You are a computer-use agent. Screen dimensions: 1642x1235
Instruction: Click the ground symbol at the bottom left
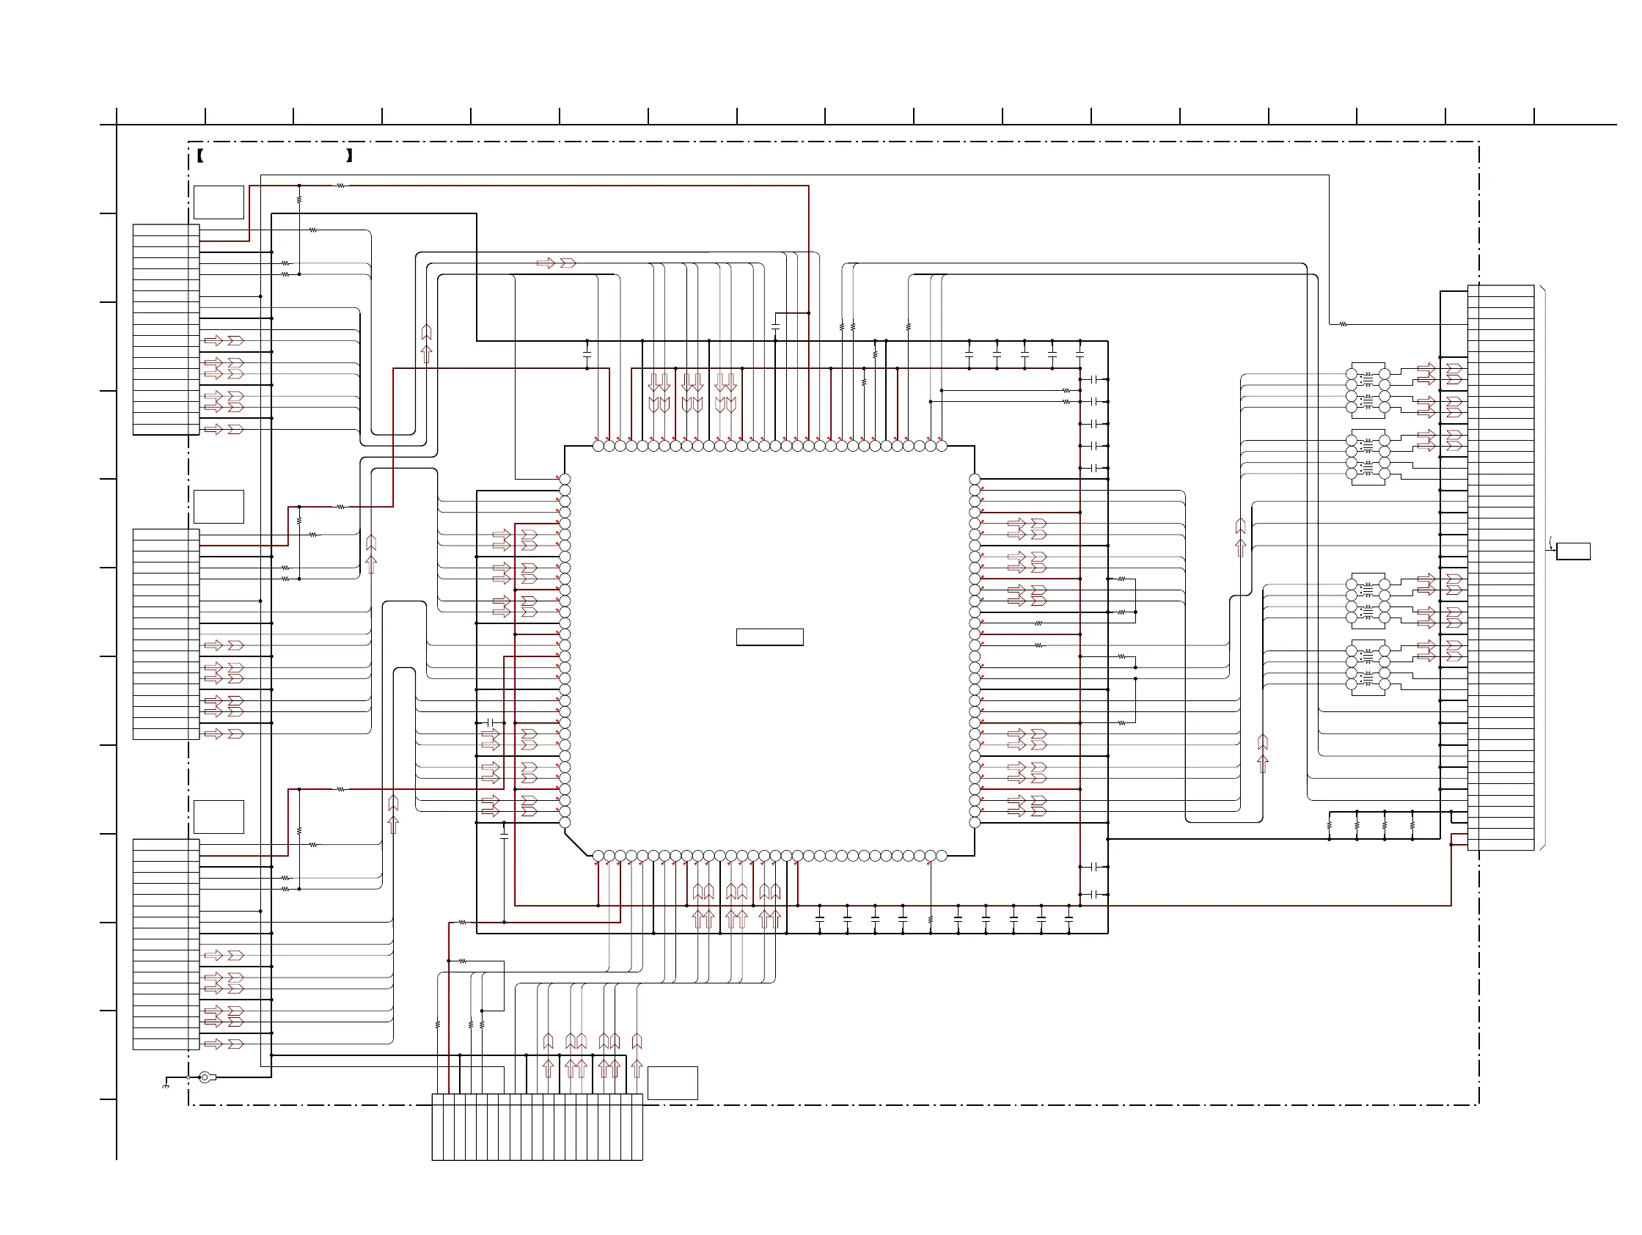pyautogui.click(x=166, y=1085)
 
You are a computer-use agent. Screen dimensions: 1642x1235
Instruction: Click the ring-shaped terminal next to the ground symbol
pyautogui.click(x=205, y=1077)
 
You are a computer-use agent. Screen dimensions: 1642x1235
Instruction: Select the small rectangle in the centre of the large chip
pyautogui.click(x=769, y=637)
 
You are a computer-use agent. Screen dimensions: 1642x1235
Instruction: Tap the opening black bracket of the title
pyautogui.click(x=200, y=156)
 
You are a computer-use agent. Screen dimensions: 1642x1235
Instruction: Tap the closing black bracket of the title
pyautogui.click(x=350, y=156)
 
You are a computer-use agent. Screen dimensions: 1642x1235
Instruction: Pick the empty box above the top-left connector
pyautogui.click(x=219, y=202)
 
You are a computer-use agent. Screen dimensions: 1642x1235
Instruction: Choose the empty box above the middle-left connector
pyautogui.click(x=219, y=506)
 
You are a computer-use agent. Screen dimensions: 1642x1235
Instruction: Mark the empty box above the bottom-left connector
pyautogui.click(x=219, y=816)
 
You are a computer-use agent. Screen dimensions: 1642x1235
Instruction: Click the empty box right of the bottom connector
pyautogui.click(x=672, y=1083)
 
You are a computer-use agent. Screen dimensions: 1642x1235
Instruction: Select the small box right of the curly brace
pyautogui.click(x=1572, y=551)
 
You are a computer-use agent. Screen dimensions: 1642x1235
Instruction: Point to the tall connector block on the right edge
pyautogui.click(x=1500, y=568)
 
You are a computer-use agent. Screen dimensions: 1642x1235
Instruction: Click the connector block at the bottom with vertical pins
pyautogui.click(x=537, y=1126)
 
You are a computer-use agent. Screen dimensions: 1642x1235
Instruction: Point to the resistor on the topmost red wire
pyautogui.click(x=341, y=186)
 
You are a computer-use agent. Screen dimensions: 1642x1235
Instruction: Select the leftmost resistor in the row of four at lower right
pyautogui.click(x=1329, y=824)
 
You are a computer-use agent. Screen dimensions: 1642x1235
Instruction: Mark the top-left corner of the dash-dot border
pyautogui.click(x=189, y=142)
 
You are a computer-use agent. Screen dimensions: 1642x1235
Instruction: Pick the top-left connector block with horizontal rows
pyautogui.click(x=166, y=329)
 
